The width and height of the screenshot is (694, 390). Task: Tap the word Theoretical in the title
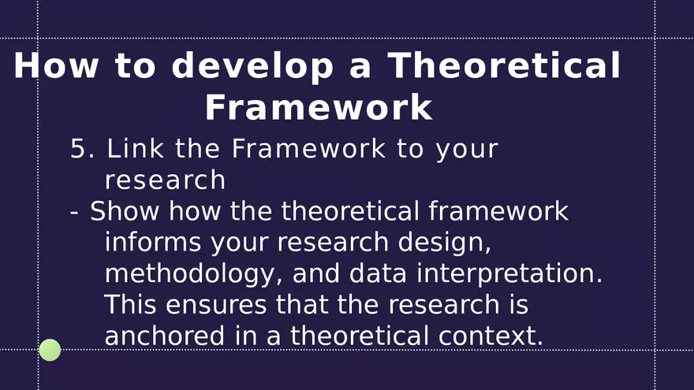(x=504, y=66)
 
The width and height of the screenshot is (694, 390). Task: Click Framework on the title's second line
(x=319, y=108)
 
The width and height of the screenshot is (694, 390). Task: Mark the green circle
(x=50, y=350)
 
